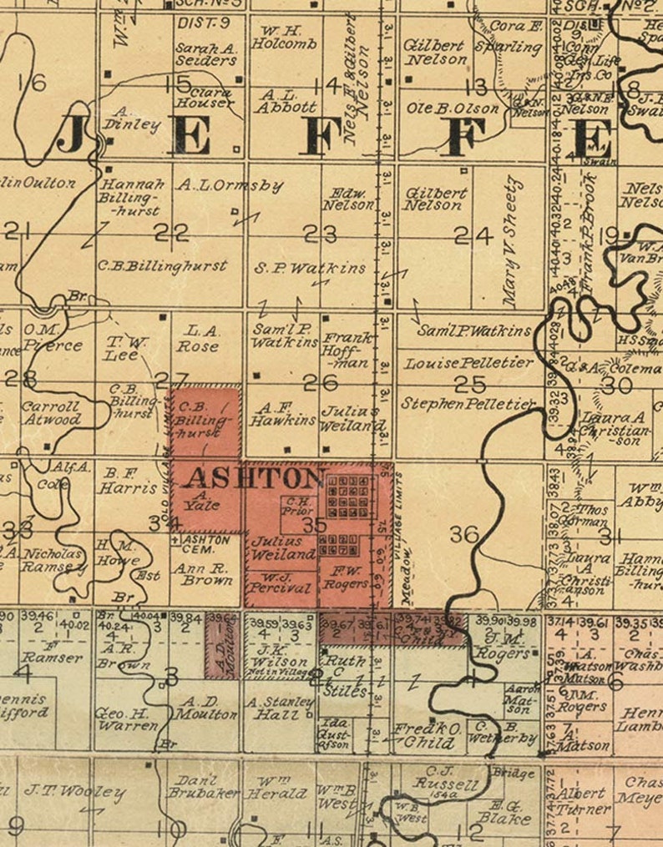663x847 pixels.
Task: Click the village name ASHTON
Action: coord(253,478)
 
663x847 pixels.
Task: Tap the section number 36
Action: coord(464,534)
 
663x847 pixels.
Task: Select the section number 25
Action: coord(470,383)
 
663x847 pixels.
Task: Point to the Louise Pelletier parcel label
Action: coord(468,363)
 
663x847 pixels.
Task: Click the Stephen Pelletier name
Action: coord(468,403)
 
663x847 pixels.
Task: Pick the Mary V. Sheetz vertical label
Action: coord(511,241)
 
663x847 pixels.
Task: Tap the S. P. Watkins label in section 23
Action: coord(311,268)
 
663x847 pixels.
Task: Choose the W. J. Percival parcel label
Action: coord(281,582)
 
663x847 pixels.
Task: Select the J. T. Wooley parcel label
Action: coord(75,792)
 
